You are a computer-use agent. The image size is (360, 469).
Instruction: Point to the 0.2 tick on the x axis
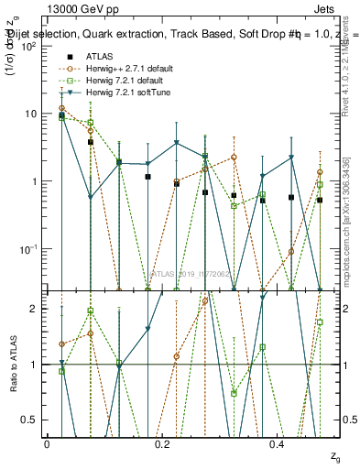click(162, 442)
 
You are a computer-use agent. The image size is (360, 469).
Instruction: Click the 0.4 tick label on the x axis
click(278, 442)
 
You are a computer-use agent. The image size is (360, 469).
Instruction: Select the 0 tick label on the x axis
click(47, 442)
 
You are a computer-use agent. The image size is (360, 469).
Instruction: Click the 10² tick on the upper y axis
click(28, 46)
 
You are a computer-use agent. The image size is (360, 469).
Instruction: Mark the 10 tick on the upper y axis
click(30, 114)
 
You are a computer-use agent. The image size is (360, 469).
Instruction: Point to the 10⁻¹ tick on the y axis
click(28, 248)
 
